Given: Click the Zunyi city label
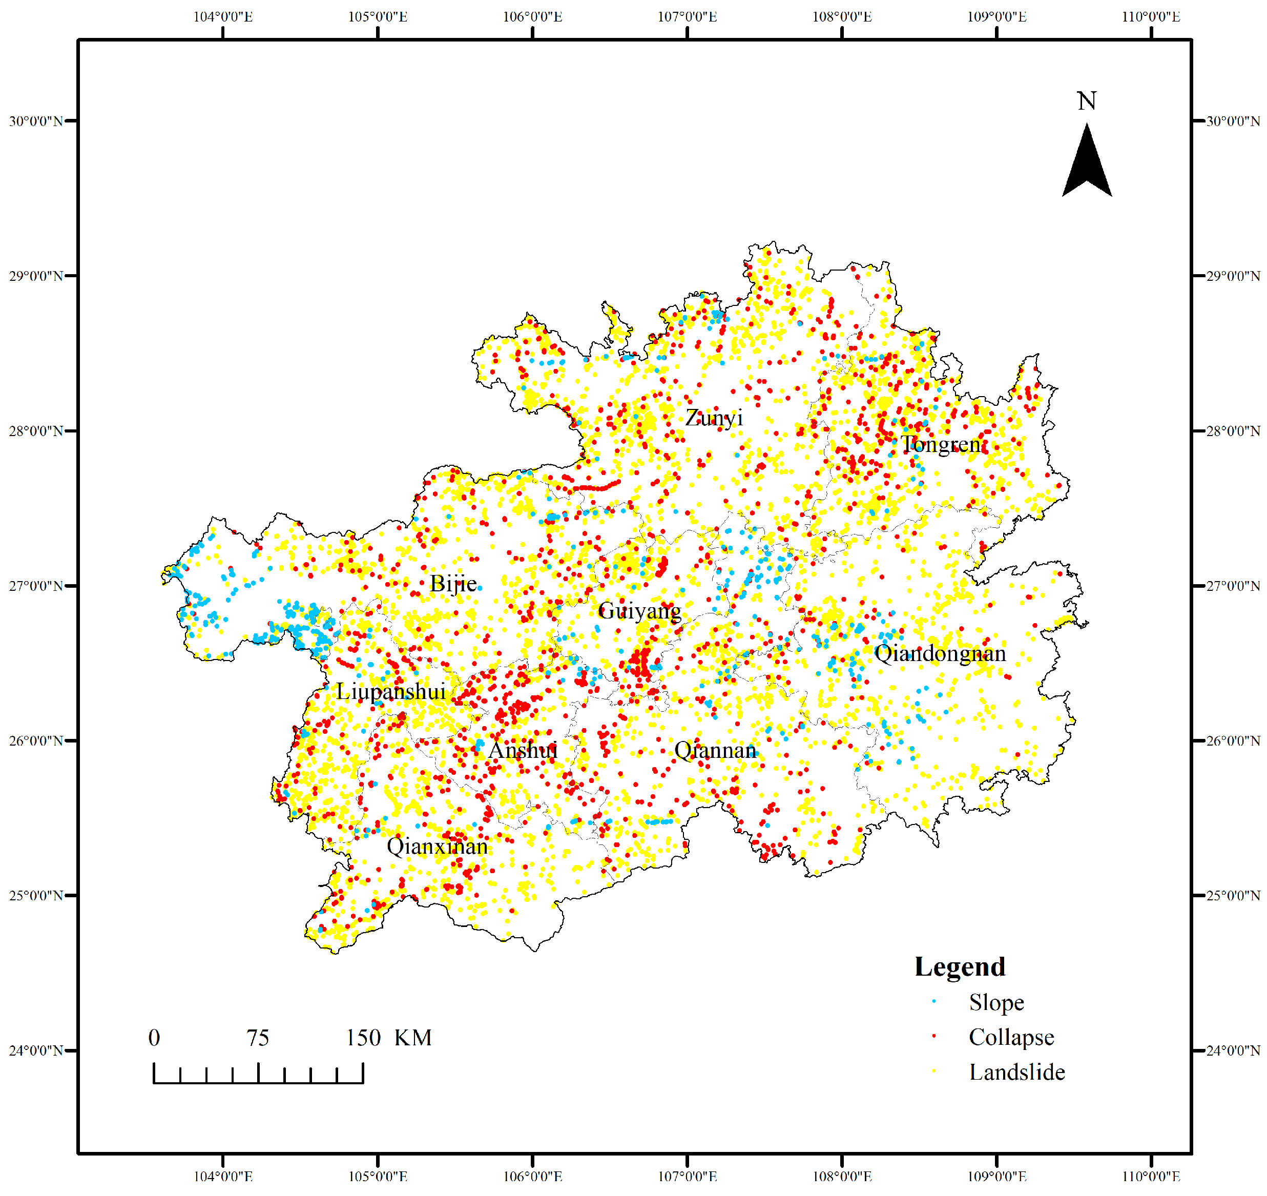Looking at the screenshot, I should click(714, 418).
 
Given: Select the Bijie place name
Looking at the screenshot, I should click(453, 583).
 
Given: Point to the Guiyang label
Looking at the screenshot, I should click(639, 611).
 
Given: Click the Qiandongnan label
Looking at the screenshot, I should click(940, 653).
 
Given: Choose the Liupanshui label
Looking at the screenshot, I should click(391, 692).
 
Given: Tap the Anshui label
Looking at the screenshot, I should click(523, 750).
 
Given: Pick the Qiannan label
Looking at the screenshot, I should click(716, 750).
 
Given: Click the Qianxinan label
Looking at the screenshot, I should click(437, 847).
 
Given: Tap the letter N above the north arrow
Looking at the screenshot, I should click(1087, 101).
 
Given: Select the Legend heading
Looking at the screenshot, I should click(960, 967).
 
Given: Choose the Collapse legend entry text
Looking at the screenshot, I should click(1011, 1037).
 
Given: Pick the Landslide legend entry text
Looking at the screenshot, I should click(1017, 1073).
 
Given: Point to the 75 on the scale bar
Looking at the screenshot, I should click(258, 1038).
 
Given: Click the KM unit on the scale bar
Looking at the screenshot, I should click(413, 1038).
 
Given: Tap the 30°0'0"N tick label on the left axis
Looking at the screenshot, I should click(36, 121).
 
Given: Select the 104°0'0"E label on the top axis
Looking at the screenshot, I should click(223, 16).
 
